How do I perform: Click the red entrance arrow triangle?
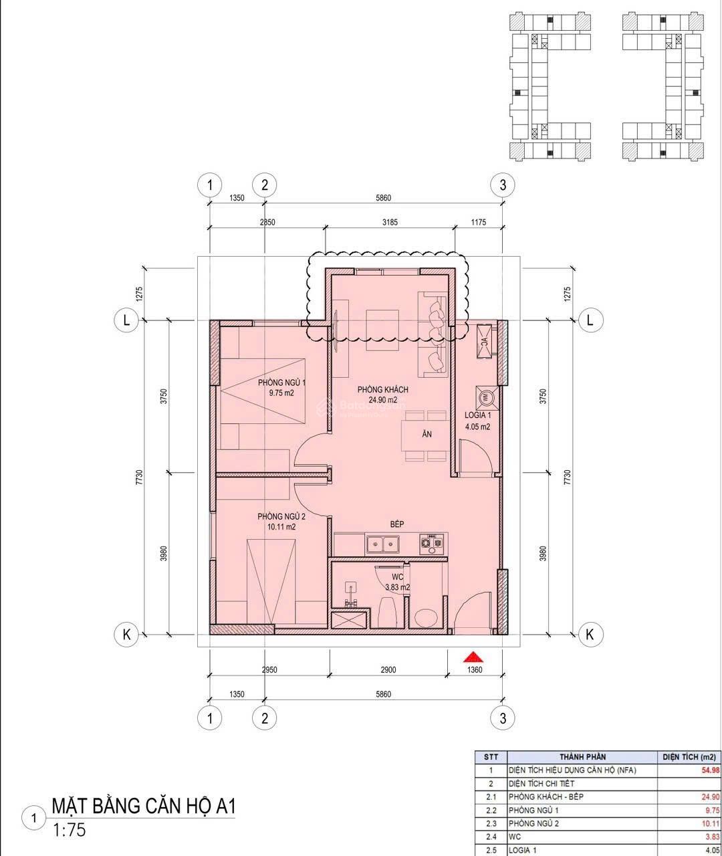point(474,657)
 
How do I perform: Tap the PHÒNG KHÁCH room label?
point(382,389)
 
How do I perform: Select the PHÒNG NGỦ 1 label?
point(282,383)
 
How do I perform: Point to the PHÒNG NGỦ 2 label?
point(281,516)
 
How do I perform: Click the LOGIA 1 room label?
point(478,415)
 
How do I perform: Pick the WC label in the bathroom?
point(398,577)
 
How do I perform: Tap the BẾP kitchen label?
point(397,524)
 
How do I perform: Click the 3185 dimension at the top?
point(390,222)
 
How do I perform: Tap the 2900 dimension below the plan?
point(388,670)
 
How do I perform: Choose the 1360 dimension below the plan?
point(475,670)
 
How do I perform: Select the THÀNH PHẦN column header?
point(583,757)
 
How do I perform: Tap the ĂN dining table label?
point(427,434)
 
